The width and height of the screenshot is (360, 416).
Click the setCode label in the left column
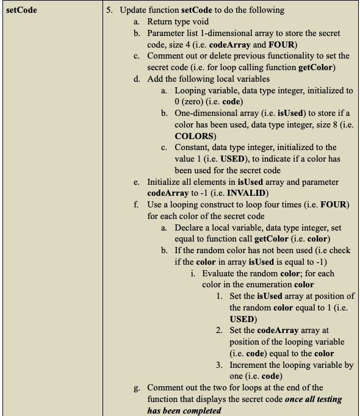[21, 10]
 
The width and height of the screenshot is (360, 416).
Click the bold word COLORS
[194, 136]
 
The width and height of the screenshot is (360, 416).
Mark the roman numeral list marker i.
[193, 273]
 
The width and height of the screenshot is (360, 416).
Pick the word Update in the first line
[133, 10]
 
